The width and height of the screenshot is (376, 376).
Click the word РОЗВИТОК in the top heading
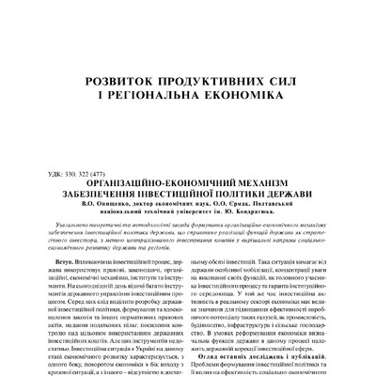(118, 83)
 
